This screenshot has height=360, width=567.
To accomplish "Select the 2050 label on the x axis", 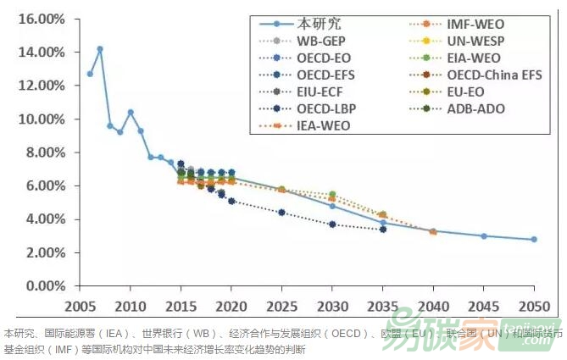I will [x=534, y=305].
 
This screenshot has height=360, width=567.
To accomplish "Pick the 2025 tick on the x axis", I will [x=281, y=305].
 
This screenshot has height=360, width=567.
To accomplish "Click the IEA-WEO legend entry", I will [x=323, y=125].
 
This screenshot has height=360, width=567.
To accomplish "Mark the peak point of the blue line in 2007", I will [x=100, y=49].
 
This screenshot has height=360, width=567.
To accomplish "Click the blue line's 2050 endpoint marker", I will [x=534, y=240].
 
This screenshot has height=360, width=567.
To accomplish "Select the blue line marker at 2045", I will [x=484, y=236].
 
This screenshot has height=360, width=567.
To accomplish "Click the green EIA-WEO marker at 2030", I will [x=332, y=194].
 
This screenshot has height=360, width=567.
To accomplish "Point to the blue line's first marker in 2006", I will [x=90, y=74].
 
